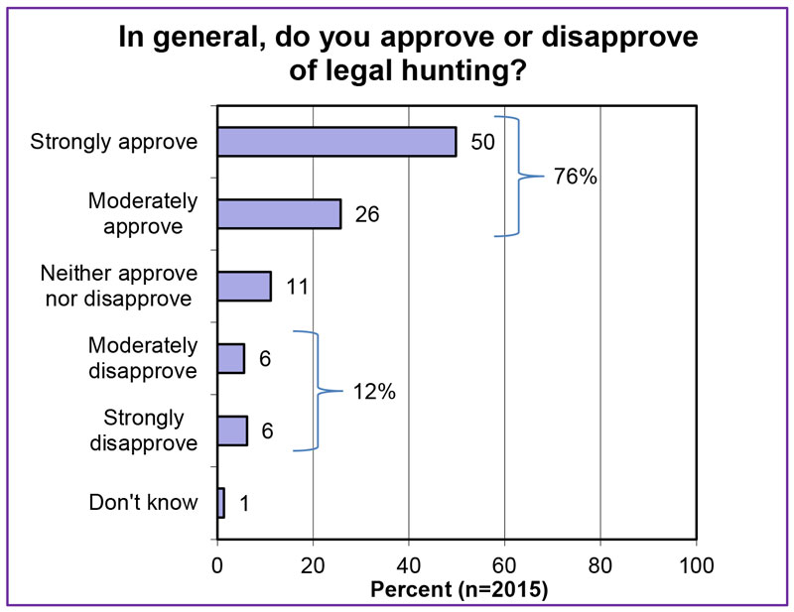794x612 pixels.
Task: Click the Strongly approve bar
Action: click(336, 142)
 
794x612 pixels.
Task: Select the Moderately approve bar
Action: click(279, 214)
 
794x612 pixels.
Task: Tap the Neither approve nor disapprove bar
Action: click(243, 287)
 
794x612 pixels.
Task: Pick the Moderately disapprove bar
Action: click(230, 358)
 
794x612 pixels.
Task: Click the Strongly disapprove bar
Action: click(231, 430)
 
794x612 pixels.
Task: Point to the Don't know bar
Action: click(220, 503)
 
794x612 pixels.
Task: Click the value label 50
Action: click(482, 142)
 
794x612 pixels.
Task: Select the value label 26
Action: click(367, 214)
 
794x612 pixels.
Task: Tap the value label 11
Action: click(297, 287)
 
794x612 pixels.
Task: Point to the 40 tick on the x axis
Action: click(409, 566)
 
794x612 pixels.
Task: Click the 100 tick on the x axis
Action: click(697, 566)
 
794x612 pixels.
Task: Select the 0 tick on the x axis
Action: click(217, 566)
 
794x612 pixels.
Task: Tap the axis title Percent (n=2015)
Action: click(459, 589)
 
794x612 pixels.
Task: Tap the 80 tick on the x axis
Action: click(600, 566)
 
